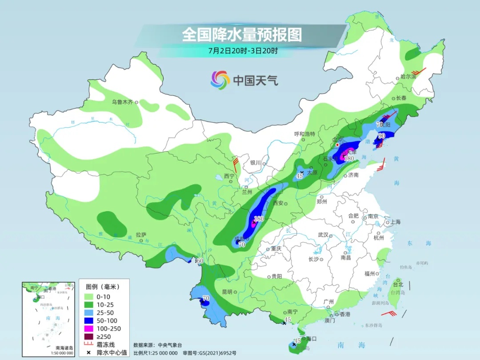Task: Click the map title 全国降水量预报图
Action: [242, 34]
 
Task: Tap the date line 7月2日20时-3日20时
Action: [243, 51]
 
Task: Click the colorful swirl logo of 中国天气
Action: [220, 80]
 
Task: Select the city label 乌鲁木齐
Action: [122, 102]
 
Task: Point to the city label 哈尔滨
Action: [408, 76]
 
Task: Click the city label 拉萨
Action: [141, 234]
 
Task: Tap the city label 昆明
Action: [227, 292]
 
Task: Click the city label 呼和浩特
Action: [304, 134]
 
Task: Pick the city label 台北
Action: [398, 284]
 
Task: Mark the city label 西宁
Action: [229, 176]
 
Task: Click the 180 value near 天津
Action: [349, 159]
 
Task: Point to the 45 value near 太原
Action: [300, 176]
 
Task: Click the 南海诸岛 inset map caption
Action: [64, 348]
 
